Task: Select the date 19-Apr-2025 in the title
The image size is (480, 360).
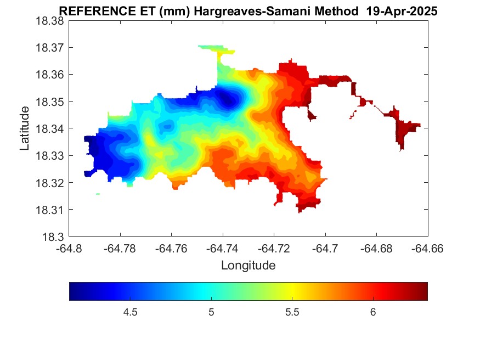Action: tap(402, 12)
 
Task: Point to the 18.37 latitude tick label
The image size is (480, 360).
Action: tap(50, 48)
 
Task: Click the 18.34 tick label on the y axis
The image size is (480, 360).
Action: tap(50, 128)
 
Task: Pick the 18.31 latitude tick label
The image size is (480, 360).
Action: tap(50, 210)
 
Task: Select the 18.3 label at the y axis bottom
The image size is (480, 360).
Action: tap(53, 237)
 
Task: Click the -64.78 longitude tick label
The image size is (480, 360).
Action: tap(120, 249)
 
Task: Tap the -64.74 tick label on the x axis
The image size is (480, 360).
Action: tap(222, 249)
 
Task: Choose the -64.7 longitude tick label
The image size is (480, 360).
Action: tap(325, 249)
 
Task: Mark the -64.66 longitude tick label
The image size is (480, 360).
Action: tap(427, 249)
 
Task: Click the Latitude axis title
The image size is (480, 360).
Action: tap(25, 128)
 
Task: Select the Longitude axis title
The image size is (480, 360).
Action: tap(249, 265)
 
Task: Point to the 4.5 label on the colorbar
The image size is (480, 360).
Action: tap(130, 312)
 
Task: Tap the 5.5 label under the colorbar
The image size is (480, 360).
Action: tap(292, 312)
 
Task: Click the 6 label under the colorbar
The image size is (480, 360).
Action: tap(373, 312)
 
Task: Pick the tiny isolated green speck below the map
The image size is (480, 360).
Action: tap(98, 194)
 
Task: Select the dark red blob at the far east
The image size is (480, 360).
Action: tap(405, 130)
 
